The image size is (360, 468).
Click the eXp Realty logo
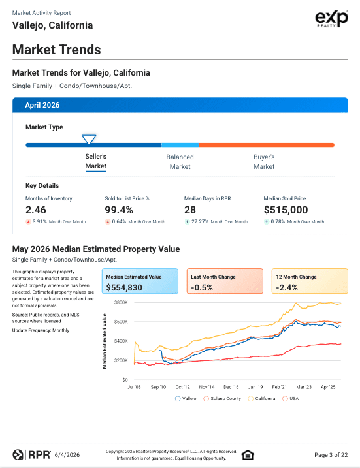click(332, 19)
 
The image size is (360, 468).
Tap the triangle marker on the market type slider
click(89, 139)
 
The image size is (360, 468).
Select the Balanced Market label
click(180, 162)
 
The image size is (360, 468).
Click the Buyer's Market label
click(264, 162)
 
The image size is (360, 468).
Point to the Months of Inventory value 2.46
click(36, 210)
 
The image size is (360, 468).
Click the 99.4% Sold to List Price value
click(119, 210)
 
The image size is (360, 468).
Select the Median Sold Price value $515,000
click(286, 210)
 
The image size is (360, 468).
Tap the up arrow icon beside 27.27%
click(187, 221)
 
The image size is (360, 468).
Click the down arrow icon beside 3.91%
click(28, 221)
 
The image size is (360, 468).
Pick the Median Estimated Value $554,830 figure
click(124, 287)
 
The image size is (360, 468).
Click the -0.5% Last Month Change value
click(202, 287)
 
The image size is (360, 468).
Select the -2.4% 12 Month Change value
click(287, 287)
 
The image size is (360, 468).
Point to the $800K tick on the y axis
click(121, 302)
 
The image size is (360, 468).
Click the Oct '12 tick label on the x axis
click(182, 387)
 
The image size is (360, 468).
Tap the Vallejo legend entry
click(186, 398)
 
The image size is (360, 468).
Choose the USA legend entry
click(290, 398)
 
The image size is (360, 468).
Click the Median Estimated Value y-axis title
click(105, 341)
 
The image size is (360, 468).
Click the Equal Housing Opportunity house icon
click(248, 455)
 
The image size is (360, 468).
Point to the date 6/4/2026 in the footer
click(67, 455)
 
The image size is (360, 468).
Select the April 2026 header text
click(42, 105)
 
